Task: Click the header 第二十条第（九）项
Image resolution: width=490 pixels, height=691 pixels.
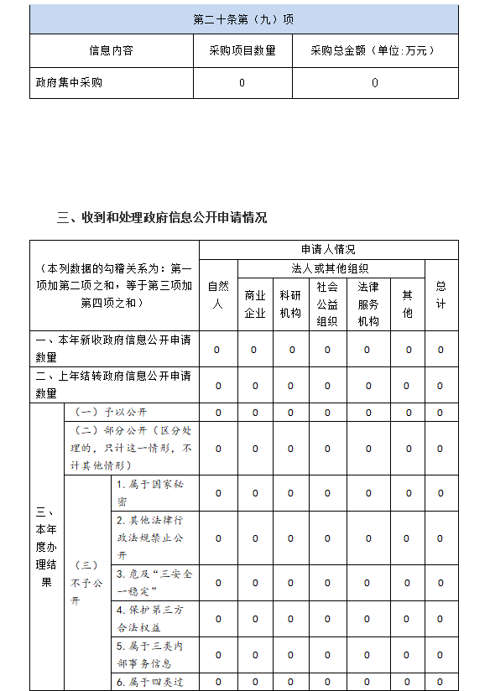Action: (243, 19)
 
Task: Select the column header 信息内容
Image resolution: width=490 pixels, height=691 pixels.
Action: (111, 51)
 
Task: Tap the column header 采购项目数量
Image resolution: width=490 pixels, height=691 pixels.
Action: (242, 51)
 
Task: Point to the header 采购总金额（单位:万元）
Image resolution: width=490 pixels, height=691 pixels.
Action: (373, 51)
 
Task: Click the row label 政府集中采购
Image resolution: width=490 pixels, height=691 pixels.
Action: (70, 83)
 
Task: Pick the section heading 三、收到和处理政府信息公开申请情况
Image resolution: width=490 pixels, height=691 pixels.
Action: (162, 218)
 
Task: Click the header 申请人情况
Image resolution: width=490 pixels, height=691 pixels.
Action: (328, 250)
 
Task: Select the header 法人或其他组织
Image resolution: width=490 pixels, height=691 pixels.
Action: (330, 268)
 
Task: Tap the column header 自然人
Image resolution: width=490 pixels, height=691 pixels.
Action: (217, 295)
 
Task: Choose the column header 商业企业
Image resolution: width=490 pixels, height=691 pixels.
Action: (255, 304)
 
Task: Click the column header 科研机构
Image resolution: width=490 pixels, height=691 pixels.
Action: (290, 304)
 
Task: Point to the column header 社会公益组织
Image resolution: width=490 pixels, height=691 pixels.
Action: (327, 304)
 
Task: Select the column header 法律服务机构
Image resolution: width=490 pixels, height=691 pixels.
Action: (367, 304)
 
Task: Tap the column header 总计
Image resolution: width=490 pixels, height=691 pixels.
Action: (440, 295)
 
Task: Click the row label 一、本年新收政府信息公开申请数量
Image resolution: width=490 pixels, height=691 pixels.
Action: (113, 348)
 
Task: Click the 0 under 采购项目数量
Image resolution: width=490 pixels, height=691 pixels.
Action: (242, 83)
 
